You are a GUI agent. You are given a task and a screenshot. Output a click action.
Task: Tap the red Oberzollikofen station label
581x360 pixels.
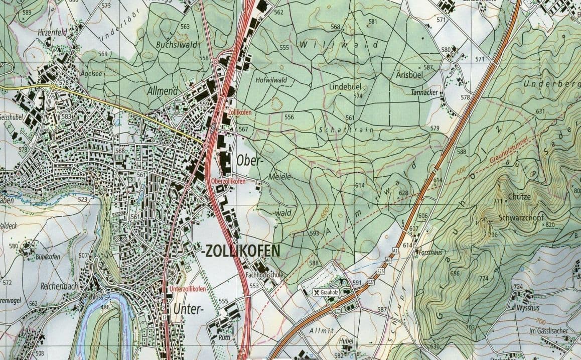[x=229, y=181]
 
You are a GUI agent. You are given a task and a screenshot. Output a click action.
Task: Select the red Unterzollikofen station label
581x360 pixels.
[x=188, y=289]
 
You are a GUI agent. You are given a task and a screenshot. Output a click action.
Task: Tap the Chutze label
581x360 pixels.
[x=519, y=196]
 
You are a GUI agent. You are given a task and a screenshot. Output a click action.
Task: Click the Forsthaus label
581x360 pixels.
[x=430, y=252]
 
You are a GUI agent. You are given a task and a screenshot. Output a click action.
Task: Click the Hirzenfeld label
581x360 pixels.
[x=52, y=32]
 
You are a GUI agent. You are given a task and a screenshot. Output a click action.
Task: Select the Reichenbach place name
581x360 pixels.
[x=59, y=286]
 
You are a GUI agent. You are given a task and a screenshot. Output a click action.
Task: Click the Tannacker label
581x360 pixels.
[x=424, y=93]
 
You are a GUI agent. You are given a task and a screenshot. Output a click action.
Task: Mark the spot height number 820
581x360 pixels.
[x=550, y=224]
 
